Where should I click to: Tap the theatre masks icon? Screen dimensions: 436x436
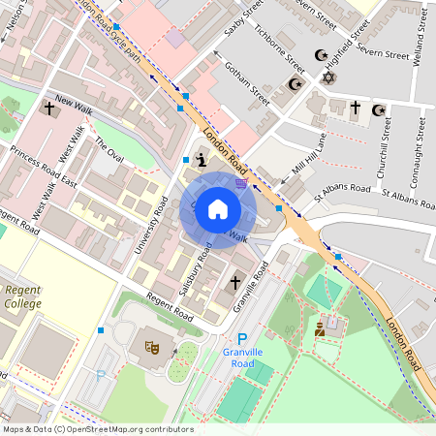[151, 345]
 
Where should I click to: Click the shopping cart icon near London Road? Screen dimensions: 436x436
[240, 181]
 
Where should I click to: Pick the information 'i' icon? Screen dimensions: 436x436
[201, 159]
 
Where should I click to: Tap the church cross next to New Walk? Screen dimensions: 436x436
[48, 109]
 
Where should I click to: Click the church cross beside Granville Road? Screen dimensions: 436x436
[234, 283]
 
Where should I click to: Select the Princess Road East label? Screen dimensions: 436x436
[43, 167]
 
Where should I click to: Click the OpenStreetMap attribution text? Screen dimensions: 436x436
[97, 429]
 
